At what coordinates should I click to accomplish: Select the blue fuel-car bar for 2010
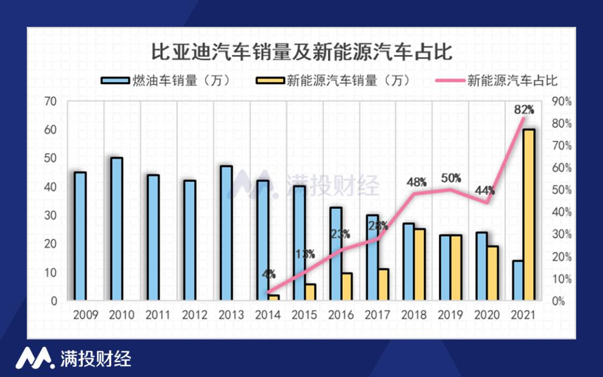117,229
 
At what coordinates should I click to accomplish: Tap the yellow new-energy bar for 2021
529,215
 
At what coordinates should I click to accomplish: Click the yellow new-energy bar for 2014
274,298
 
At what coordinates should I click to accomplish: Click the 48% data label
416,182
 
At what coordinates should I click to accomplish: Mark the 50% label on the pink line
451,178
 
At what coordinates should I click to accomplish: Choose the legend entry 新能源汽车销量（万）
336,81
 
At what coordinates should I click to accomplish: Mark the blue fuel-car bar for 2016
336,255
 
